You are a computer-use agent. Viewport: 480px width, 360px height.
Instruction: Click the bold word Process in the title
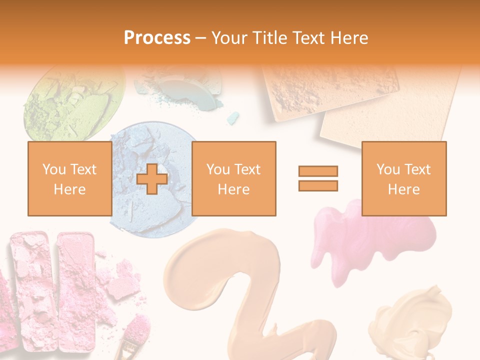(x=157, y=37)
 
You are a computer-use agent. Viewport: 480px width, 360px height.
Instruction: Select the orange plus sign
(x=152, y=179)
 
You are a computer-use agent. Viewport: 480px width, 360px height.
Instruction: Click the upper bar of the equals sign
(x=318, y=171)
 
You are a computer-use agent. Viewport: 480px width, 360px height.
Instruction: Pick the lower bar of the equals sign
(x=318, y=185)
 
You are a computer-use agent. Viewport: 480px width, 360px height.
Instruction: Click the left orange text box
(x=69, y=178)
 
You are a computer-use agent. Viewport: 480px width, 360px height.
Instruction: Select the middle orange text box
(x=233, y=178)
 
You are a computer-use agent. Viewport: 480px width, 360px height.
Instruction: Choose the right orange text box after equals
(x=403, y=178)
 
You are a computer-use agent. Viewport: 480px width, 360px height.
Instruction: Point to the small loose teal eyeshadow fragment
(x=233, y=118)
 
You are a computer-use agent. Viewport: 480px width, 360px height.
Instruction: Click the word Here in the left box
(x=69, y=189)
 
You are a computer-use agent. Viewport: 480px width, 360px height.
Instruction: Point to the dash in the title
(x=201, y=38)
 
